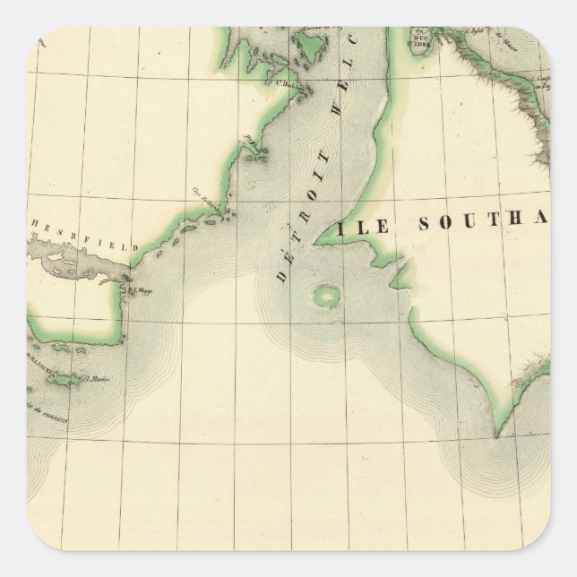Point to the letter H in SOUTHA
tap(519, 220)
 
